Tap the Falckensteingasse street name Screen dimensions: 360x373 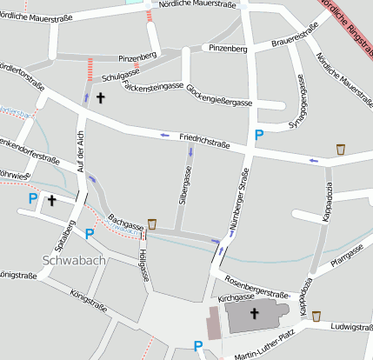point(153,87)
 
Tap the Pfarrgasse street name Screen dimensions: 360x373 point(346,255)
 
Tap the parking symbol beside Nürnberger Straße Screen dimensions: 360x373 point(258,135)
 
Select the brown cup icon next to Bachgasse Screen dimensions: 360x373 point(152,224)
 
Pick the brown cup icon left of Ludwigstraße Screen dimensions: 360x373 point(316,317)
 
